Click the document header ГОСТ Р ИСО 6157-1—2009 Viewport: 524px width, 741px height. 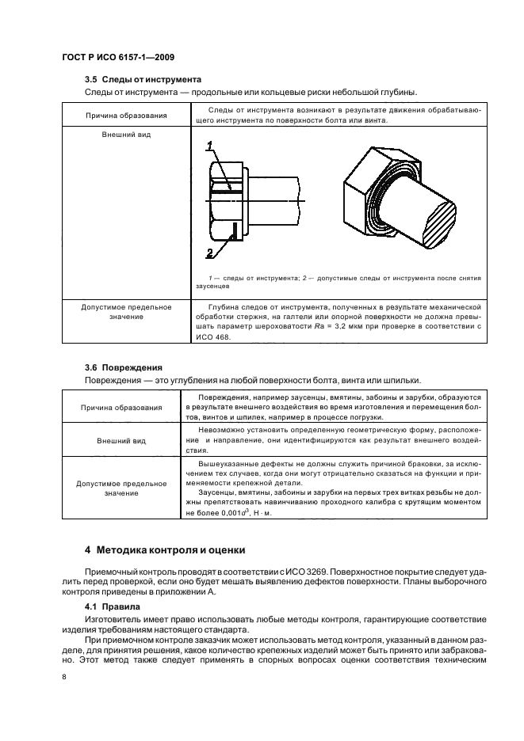point(118,58)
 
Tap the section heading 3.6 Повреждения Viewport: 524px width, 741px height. point(123,367)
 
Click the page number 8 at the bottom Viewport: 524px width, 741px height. point(65,677)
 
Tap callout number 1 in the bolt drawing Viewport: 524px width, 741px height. point(210,145)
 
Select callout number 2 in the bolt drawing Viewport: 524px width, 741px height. point(210,253)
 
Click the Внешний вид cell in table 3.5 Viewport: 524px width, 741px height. point(126,135)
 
